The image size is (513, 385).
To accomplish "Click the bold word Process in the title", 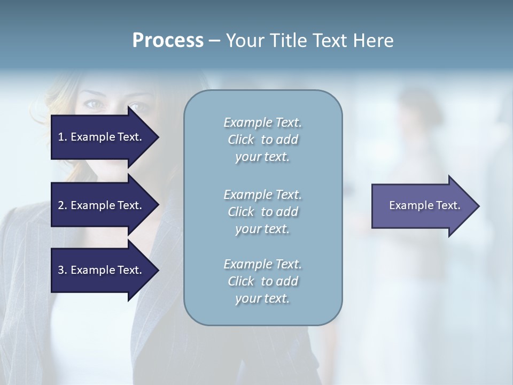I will click(168, 41).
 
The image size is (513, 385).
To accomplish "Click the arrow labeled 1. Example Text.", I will click(102, 137).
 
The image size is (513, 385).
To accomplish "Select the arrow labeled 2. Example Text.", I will click(102, 205).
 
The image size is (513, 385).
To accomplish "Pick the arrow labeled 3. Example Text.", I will click(102, 270).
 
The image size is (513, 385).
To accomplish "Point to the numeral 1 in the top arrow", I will click(61, 137).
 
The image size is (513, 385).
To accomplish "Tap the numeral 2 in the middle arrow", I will click(61, 205).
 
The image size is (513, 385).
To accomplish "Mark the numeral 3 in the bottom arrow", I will click(61, 270).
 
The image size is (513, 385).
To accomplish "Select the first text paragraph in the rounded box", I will click(262, 140).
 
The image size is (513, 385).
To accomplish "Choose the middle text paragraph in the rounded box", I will click(262, 212).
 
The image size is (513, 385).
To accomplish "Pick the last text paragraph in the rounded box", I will click(262, 281).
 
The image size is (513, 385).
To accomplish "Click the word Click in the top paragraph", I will click(240, 140).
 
